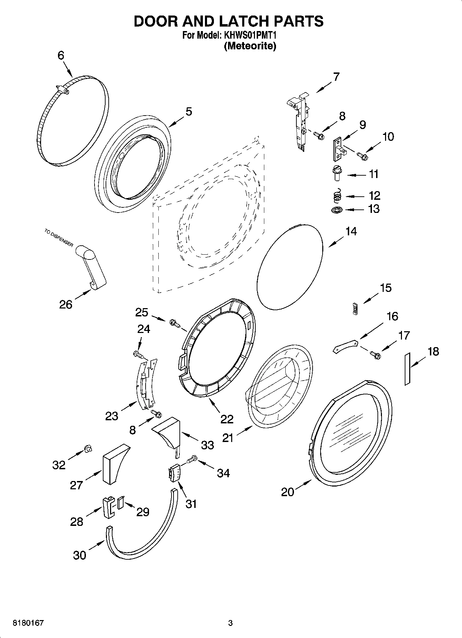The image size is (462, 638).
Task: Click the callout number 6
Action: tap(61, 55)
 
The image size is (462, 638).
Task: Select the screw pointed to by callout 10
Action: tap(363, 156)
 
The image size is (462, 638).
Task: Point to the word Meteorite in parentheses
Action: tap(250, 46)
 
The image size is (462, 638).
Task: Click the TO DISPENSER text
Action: tap(59, 237)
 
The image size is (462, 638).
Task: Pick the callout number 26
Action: tap(66, 304)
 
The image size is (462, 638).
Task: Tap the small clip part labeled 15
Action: tap(355, 308)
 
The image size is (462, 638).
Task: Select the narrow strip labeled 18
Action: tap(407, 369)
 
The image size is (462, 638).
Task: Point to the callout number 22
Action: tap(227, 419)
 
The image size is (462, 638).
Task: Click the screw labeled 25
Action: tap(175, 323)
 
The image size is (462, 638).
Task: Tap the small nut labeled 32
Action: tap(88, 448)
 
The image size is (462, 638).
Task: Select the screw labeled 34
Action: tap(192, 459)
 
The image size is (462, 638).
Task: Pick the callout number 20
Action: tap(287, 492)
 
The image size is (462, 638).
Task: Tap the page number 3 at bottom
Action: tap(230, 623)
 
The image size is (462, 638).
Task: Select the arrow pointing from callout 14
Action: tap(336, 241)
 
